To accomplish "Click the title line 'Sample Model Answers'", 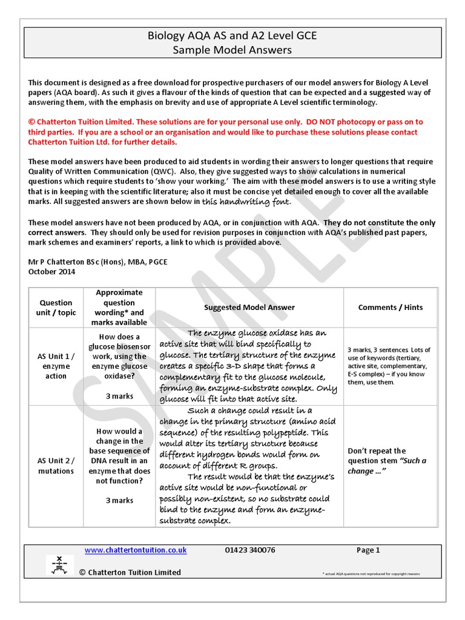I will click(x=232, y=50).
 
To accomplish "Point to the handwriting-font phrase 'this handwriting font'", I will click(x=246, y=201).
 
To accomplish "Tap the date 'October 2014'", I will click(x=52, y=272).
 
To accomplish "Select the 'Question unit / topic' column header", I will click(x=56, y=308).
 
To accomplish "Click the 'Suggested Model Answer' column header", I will click(x=249, y=308).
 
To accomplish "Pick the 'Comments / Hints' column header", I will click(x=390, y=308).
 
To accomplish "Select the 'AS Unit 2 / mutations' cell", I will click(x=56, y=466).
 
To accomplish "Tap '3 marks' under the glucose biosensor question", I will click(x=119, y=396).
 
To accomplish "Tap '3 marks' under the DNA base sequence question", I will click(x=119, y=500).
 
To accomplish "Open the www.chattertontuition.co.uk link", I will click(x=135, y=550).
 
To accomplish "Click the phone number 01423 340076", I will click(x=249, y=550).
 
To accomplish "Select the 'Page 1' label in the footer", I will click(x=368, y=550).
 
